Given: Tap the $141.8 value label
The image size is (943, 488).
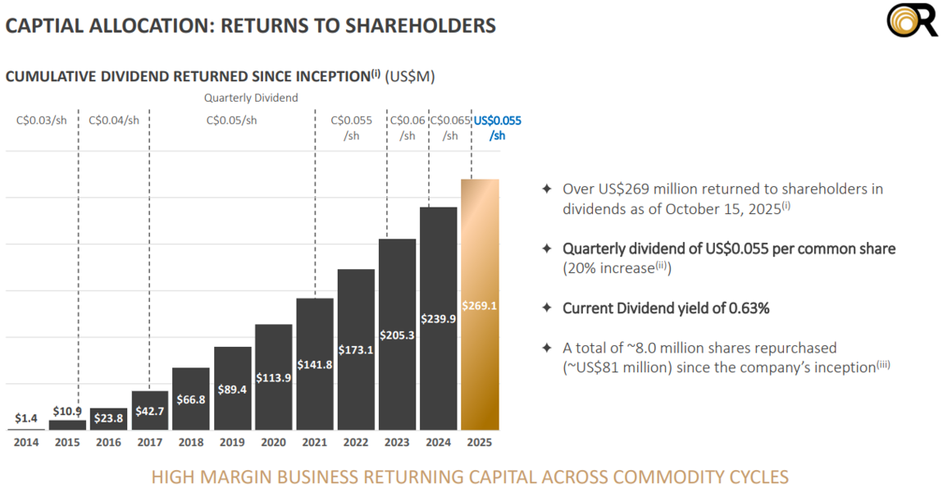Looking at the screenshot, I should point(315,365).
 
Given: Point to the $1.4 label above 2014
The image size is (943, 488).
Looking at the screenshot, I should point(26,418).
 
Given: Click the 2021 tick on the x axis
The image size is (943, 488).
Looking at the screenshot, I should point(315,442).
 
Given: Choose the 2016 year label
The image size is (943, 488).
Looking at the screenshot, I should point(108,442).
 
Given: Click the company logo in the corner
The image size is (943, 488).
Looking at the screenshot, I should point(912,21).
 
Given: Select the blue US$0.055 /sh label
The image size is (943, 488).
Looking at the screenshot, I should point(498,128).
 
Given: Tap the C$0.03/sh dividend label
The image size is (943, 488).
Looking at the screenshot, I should point(41,121).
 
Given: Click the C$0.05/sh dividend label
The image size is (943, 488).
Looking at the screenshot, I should point(232,121).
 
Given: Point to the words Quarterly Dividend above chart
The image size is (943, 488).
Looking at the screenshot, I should point(251,98).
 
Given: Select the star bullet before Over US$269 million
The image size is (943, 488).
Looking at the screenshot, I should point(546,189).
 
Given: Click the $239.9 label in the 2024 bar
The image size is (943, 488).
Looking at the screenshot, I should point(439,318).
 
